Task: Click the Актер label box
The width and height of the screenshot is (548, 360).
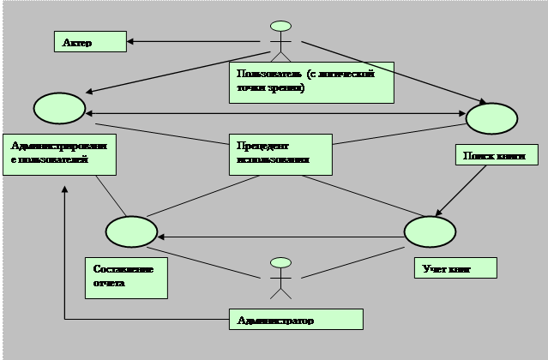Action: [89, 41]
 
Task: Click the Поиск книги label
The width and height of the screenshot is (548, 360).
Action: [494, 155]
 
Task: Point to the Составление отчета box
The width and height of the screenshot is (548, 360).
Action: [126, 276]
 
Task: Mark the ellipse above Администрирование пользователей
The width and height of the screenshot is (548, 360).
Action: [59, 109]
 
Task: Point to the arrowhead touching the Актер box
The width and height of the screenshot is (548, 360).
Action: [131, 39]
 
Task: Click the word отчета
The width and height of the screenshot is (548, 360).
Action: [110, 283]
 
